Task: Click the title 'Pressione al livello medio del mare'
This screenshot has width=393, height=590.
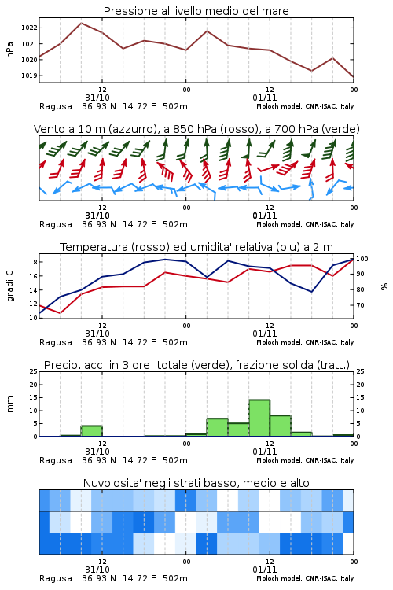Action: pyautogui.click(x=196, y=11)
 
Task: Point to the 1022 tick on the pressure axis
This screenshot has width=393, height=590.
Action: pyautogui.click(x=29, y=28)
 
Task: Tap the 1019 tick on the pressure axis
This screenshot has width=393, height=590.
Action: pyautogui.click(x=29, y=76)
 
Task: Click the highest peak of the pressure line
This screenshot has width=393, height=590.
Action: pyautogui.click(x=81, y=23)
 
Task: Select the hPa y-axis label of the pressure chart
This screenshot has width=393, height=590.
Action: pyautogui.click(x=9, y=50)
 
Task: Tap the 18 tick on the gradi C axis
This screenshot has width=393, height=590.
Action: pyautogui.click(x=33, y=262)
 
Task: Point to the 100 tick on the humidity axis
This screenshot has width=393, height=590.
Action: pyautogui.click(x=362, y=259)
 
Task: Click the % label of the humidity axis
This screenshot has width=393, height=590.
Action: pyautogui.click(x=384, y=286)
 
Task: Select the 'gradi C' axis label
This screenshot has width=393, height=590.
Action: pyautogui.click(x=9, y=286)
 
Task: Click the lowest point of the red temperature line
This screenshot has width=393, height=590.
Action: pyautogui.click(x=61, y=312)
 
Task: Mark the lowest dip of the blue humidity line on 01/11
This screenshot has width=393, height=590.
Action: pyautogui.click(x=311, y=292)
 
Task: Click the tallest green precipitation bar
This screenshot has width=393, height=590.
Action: pyautogui.click(x=259, y=418)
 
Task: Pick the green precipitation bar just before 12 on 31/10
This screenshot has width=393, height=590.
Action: pyautogui.click(x=92, y=431)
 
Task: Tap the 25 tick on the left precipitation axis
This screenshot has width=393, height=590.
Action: pyautogui.click(x=34, y=371)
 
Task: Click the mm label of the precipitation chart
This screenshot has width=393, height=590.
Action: pyautogui.click(x=9, y=404)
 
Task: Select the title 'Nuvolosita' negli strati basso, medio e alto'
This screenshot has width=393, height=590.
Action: pyautogui.click(x=196, y=483)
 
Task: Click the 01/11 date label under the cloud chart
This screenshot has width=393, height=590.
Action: pyautogui.click(x=265, y=570)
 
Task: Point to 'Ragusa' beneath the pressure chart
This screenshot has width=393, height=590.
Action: pyautogui.click(x=56, y=106)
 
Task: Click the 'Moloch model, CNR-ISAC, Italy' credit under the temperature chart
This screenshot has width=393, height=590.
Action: pyautogui.click(x=305, y=342)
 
